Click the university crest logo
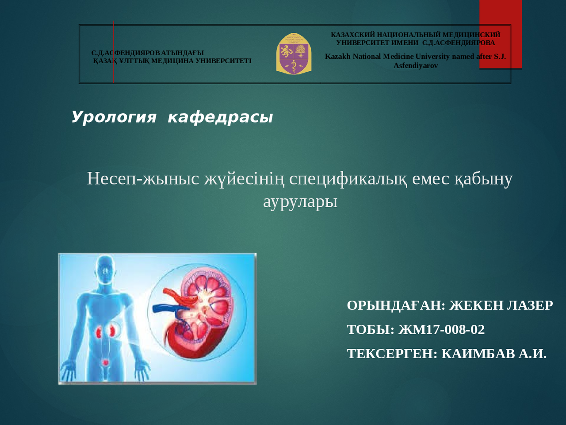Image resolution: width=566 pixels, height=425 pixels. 294,54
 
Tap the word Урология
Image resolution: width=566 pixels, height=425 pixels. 114,117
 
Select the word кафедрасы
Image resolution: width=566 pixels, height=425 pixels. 220,117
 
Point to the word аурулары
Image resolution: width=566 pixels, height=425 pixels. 300,201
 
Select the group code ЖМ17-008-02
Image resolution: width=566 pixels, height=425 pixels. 441,329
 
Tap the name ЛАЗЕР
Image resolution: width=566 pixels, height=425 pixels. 530,305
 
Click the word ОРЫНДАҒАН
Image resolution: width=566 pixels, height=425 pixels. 396,305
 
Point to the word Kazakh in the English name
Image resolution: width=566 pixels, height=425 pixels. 338,56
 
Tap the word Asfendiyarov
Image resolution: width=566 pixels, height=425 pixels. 416,66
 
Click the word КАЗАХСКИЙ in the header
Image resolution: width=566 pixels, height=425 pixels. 353,35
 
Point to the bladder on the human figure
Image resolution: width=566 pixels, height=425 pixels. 105,363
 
